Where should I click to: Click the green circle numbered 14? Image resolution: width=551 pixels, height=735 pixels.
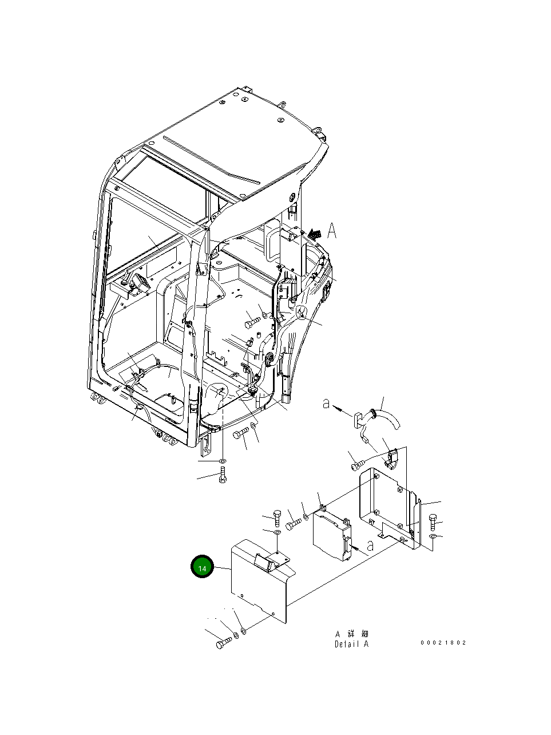(201, 567)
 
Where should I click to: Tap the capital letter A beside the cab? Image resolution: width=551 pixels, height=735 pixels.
(332, 231)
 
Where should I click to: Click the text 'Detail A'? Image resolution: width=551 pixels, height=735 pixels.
(351, 644)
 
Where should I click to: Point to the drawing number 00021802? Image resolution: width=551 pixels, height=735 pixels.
(443, 642)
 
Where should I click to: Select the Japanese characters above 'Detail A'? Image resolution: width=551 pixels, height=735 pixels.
(351, 634)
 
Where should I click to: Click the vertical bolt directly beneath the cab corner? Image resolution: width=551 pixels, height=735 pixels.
(223, 475)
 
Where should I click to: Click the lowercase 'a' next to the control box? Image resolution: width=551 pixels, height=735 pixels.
(370, 545)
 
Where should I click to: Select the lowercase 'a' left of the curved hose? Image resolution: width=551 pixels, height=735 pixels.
(326, 404)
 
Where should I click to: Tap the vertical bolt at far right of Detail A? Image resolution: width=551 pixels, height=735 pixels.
(432, 521)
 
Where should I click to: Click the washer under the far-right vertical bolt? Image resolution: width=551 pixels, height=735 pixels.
(433, 536)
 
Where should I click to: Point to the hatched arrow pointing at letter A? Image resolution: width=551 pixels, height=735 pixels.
(314, 233)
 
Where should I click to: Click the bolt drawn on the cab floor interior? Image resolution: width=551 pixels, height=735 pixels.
(252, 322)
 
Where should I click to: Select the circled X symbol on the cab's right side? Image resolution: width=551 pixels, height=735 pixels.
(302, 312)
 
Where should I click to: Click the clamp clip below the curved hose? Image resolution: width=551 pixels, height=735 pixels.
(391, 456)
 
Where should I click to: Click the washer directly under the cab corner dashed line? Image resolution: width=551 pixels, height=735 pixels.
(223, 461)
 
